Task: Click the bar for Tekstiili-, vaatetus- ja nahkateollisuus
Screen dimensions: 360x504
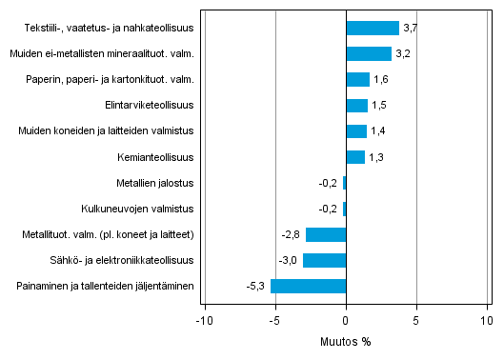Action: pyautogui.click(x=373, y=28)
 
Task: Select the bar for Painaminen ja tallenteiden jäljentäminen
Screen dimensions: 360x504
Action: pyautogui.click(x=309, y=286)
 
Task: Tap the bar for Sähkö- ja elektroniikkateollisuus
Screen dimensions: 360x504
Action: pyautogui.click(x=325, y=260)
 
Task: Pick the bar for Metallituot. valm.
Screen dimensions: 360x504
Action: pyautogui.click(x=326, y=234)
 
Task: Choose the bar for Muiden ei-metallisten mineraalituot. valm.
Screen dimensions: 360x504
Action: pyautogui.click(x=369, y=53)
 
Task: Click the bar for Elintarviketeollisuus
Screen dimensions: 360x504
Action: pyautogui.click(x=356, y=105)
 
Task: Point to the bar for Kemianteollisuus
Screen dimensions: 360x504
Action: pyautogui.click(x=355, y=157)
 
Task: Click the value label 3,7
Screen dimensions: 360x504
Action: pyautogui.click(x=410, y=29)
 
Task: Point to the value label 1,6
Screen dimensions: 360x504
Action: pyautogui.click(x=380, y=80)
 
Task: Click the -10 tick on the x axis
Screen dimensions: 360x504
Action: pyautogui.click(x=203, y=319)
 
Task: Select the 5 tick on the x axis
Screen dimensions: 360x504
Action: pyautogui.click(x=416, y=319)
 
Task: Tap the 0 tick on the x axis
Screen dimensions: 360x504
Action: pyautogui.click(x=346, y=319)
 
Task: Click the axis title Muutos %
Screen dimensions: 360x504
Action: pyautogui.click(x=346, y=340)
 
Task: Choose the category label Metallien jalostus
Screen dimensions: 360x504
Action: pyautogui.click(x=152, y=183)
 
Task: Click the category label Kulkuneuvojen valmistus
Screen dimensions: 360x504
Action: pyautogui.click(x=140, y=209)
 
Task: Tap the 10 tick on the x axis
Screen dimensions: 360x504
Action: pyautogui.click(x=487, y=319)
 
